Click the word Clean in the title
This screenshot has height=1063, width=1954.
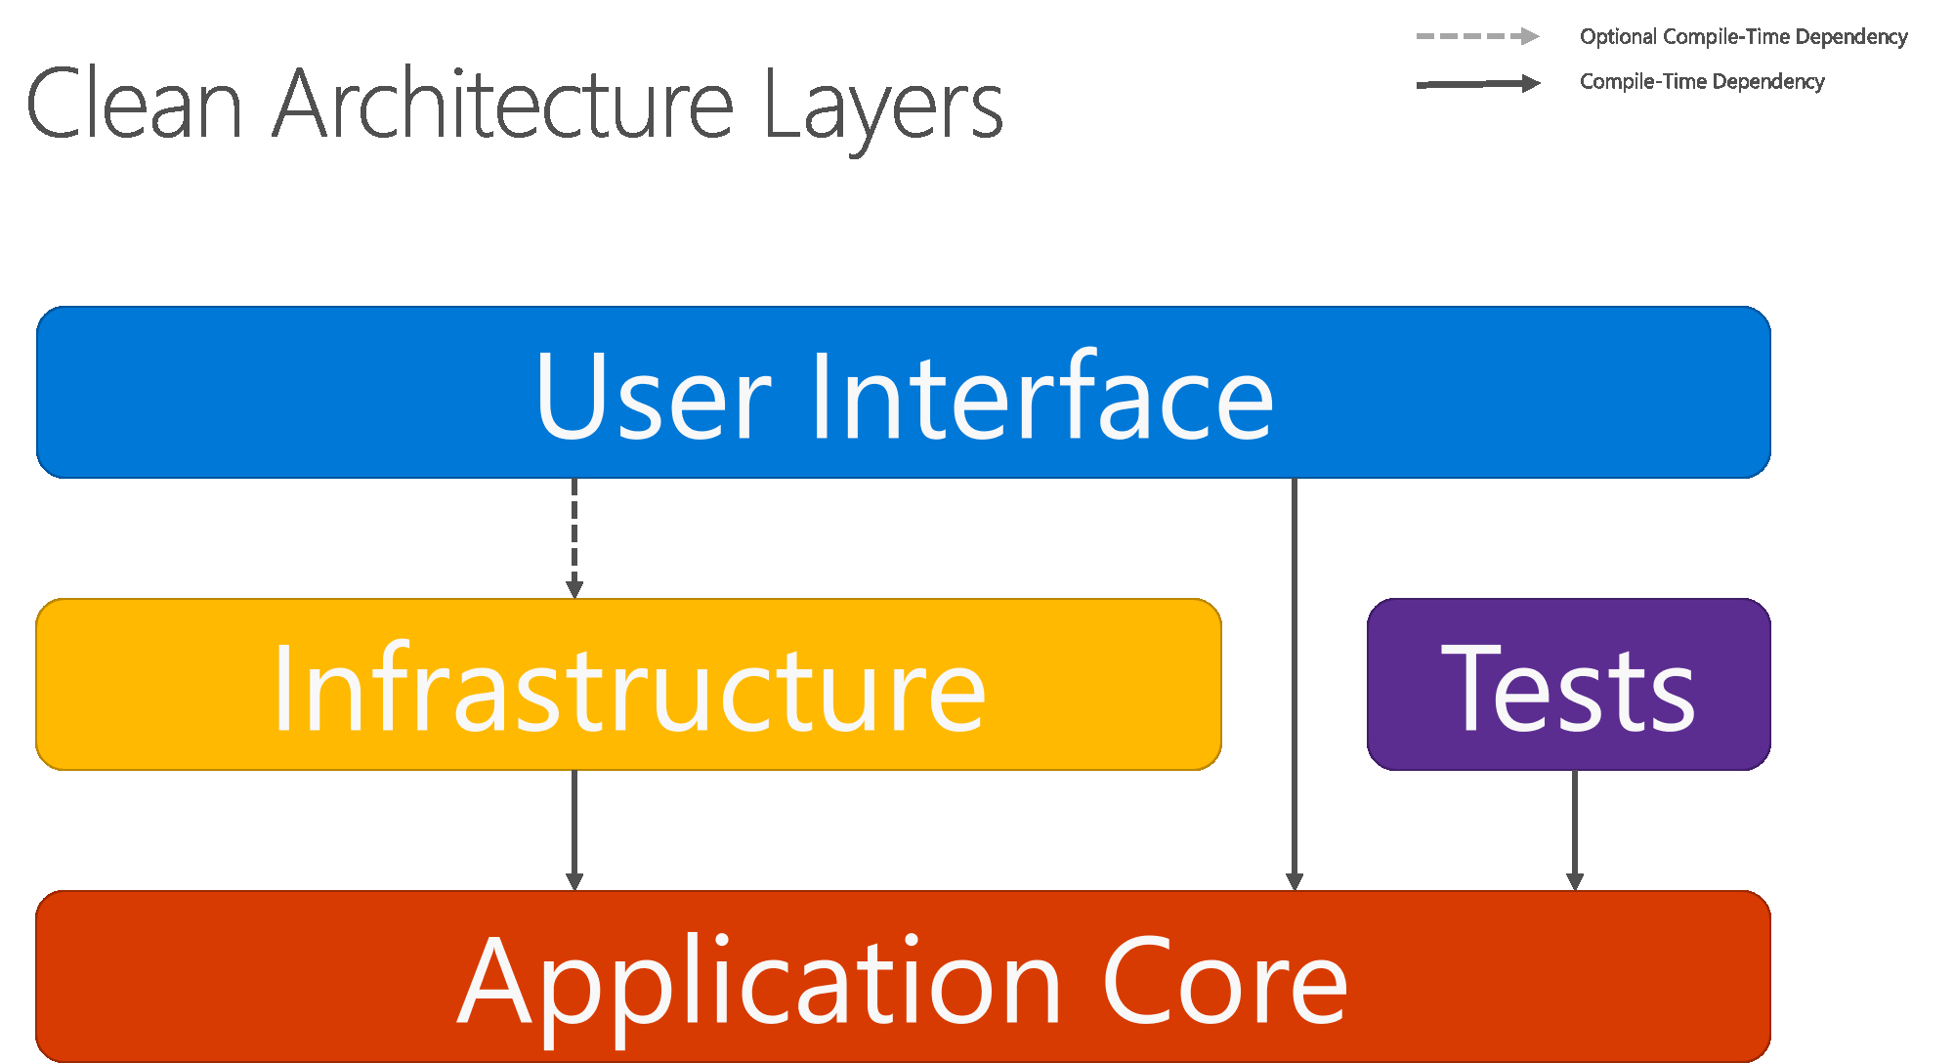click(x=135, y=105)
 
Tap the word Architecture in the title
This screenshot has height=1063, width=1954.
click(x=502, y=105)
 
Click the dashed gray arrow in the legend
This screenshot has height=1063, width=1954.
click(x=1476, y=36)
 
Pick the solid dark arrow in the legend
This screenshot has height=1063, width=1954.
click(x=1476, y=84)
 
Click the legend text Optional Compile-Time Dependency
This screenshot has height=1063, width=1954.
click(x=1743, y=37)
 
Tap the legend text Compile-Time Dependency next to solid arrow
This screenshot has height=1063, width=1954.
click(x=1702, y=82)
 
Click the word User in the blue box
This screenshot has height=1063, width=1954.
click(x=653, y=396)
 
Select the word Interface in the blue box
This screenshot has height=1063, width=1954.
click(x=1041, y=396)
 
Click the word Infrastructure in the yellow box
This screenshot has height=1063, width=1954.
click(x=629, y=689)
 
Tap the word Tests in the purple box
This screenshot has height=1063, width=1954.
click(x=1568, y=689)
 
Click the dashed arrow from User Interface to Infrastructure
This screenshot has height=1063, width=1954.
click(x=574, y=532)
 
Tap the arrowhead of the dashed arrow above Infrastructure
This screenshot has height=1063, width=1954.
click(x=574, y=589)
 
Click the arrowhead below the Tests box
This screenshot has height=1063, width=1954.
click(x=1575, y=881)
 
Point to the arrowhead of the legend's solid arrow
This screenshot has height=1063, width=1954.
click(x=1530, y=84)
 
